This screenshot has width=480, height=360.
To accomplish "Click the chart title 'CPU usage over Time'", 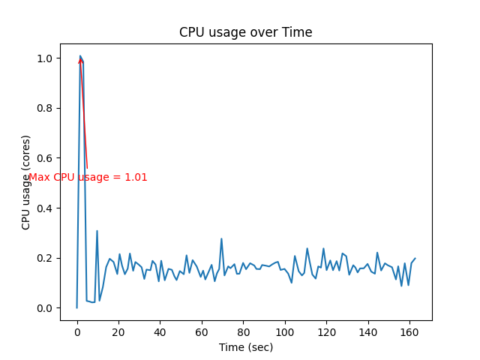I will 245,32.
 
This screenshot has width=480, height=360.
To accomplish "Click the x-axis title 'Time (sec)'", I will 245,347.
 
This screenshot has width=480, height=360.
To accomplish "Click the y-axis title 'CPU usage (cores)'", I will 26,182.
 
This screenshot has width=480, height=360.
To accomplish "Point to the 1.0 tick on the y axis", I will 45,58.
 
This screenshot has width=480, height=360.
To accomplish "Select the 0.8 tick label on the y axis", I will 45,108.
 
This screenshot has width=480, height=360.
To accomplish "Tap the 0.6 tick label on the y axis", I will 45,158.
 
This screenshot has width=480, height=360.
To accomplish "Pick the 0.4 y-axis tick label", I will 45,208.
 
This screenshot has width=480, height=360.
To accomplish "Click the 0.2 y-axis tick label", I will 45,258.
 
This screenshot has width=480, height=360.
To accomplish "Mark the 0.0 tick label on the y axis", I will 45,308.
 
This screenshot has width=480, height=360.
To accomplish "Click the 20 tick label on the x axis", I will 118,331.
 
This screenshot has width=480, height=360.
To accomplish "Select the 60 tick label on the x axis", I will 202,331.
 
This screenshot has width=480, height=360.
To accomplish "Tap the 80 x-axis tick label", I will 243,331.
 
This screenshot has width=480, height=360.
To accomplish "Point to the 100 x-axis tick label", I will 284,331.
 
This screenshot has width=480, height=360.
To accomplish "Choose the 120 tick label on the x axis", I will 325,331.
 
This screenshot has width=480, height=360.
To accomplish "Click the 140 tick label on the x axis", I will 367,331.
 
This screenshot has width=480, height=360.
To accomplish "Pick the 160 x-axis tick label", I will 409,331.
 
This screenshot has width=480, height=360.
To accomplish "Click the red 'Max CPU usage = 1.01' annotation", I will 88,178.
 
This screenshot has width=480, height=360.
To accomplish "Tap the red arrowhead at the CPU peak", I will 80,59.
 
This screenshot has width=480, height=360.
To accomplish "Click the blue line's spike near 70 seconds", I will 221,238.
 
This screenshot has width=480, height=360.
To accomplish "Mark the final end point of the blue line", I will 415,258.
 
